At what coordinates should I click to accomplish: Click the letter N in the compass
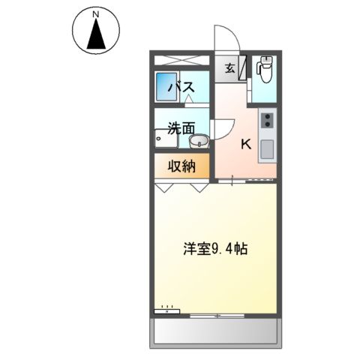(95, 14)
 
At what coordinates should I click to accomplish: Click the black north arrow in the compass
(95, 34)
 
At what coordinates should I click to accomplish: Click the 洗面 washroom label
(181, 128)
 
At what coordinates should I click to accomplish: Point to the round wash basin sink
(198, 142)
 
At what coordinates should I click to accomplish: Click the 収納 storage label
(181, 166)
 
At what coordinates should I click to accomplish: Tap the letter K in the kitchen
(245, 145)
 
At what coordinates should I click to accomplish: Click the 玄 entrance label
(229, 69)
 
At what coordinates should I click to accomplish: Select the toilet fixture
(264, 69)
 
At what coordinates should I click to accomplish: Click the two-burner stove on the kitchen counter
(267, 120)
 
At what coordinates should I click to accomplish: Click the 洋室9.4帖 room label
(216, 249)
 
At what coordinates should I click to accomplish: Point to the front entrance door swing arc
(224, 37)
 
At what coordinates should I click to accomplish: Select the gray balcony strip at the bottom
(215, 331)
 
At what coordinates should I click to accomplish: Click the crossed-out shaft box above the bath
(184, 60)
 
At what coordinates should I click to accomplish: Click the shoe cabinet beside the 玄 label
(242, 69)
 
